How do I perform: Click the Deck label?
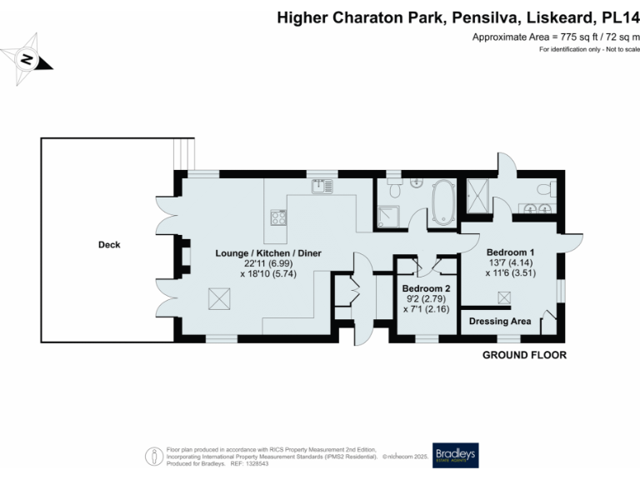click(x=109, y=245)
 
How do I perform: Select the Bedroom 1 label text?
click(x=510, y=252)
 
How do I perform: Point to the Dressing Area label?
click(x=500, y=321)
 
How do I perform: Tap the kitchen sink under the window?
click(x=321, y=187)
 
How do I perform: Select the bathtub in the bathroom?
click(x=442, y=202)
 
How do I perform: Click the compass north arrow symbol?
click(x=26, y=59)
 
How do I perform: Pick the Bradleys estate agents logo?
click(x=454, y=454)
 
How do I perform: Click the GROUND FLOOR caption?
click(x=524, y=355)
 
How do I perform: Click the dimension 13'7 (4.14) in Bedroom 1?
click(x=510, y=262)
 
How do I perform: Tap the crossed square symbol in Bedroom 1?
click(x=505, y=297)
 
